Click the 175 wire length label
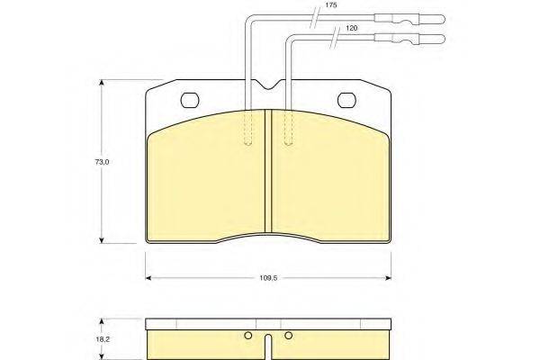331,4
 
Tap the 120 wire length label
352,29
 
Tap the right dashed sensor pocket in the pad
288,127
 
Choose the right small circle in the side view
288,337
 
